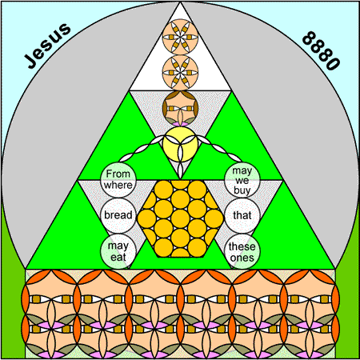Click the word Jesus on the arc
pos(48,46)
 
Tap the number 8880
pos(322,50)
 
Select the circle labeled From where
pos(118,179)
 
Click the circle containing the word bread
pos(118,215)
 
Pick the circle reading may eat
pos(118,251)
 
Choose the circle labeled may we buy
pos(242,179)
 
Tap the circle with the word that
pos(242,215)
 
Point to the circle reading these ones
pos(242,251)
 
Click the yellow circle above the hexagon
pos(180,144)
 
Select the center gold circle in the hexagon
pos(180,218)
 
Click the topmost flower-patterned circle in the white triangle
pos(180,37)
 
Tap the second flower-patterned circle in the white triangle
pos(180,73)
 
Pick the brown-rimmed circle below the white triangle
pos(180,108)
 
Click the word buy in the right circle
pos(242,190)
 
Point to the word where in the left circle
pos(118,185)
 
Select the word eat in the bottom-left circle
pos(118,257)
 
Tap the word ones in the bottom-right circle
pos(242,258)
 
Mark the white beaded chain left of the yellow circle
pos(141,149)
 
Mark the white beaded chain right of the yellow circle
pos(220,149)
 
